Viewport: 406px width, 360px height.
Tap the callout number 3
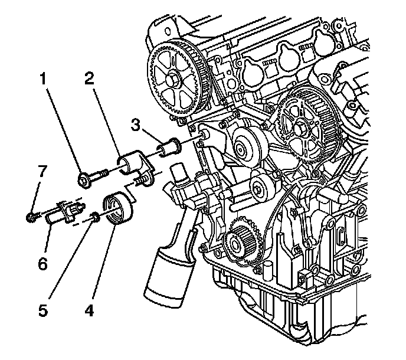coord(136,126)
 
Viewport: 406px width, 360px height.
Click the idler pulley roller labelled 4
coord(117,210)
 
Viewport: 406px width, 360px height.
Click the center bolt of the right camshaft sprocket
coord(302,125)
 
